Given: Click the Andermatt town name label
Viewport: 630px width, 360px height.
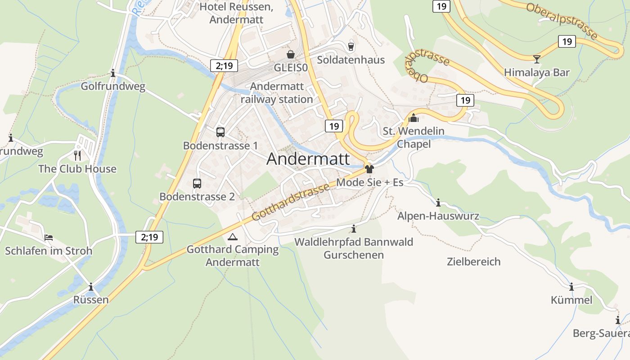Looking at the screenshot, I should coord(308,159).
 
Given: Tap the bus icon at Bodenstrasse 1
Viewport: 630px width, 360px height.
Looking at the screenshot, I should coord(220,132).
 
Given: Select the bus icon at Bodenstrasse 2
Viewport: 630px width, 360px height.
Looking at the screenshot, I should coord(197,184).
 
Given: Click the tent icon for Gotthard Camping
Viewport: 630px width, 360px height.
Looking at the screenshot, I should coord(232,237).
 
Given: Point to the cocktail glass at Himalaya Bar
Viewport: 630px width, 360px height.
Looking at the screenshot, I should coord(536,59).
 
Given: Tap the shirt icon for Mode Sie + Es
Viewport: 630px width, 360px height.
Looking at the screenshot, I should coord(369,169).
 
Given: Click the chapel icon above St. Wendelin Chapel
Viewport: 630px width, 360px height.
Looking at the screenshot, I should coord(414,118).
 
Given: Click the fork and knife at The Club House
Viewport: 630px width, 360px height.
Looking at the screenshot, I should coord(77,156).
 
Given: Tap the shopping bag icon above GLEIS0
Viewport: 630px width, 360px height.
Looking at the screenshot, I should coord(291,54).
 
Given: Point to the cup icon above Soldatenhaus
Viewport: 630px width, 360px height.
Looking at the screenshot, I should coord(351,46).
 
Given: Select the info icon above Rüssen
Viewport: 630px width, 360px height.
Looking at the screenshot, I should coord(91,287).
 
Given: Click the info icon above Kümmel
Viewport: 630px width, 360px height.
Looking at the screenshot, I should coord(571,287).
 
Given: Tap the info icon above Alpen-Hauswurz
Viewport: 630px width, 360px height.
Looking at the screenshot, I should coord(438,202).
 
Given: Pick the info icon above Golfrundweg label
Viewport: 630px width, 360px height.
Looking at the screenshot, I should coord(113,73).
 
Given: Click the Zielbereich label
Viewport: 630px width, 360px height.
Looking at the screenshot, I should coord(473,261).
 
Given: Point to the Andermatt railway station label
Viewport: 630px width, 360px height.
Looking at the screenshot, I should coord(277,93).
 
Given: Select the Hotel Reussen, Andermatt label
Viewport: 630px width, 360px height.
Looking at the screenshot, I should coord(236,13).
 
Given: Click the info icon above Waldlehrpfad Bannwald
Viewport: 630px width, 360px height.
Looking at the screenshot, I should coord(354,229).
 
